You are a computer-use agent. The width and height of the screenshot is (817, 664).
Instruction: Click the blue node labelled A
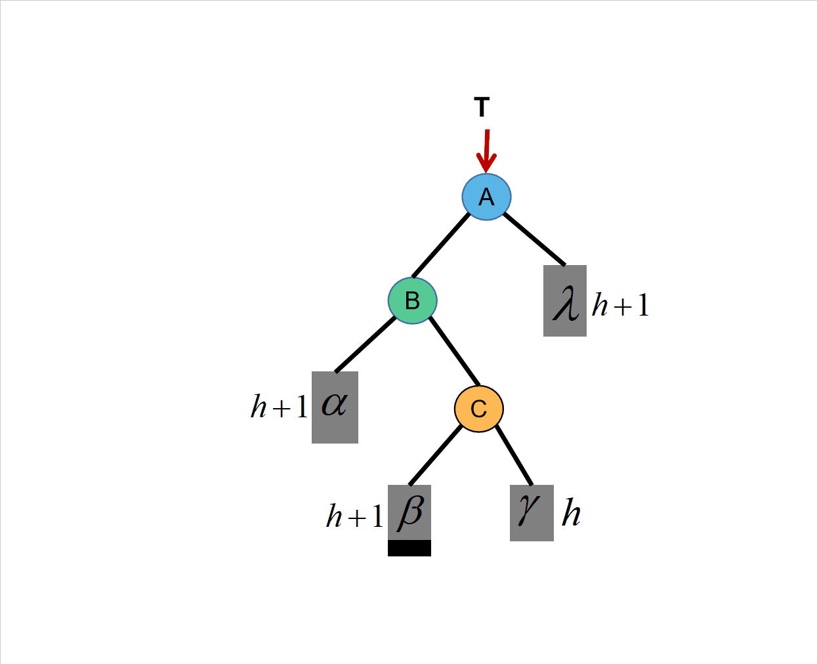(x=486, y=197)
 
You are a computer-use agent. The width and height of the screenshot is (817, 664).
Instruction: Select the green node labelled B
(x=412, y=301)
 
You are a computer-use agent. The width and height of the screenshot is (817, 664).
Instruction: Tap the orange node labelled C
(x=479, y=408)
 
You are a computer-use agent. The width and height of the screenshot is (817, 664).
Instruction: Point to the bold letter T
(x=482, y=107)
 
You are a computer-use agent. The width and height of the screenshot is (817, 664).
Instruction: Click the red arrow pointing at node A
(x=486, y=151)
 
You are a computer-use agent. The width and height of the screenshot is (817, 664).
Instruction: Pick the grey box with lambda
(x=565, y=301)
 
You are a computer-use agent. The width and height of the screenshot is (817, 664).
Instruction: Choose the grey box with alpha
(x=335, y=407)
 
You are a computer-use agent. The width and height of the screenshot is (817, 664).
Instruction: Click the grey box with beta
(x=409, y=512)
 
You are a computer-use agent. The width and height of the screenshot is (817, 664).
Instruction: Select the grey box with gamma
(x=532, y=512)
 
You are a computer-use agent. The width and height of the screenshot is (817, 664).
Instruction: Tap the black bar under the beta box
(x=409, y=549)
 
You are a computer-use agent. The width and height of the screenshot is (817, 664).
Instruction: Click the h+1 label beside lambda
(x=620, y=305)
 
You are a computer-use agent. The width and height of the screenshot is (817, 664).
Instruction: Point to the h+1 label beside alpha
(x=280, y=407)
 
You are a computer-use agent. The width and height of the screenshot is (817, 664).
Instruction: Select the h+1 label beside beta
(x=354, y=516)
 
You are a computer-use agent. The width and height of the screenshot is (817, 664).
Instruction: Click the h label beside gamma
(x=571, y=513)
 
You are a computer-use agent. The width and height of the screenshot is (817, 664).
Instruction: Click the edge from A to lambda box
(x=534, y=239)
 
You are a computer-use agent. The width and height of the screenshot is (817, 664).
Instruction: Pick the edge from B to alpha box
(x=366, y=345)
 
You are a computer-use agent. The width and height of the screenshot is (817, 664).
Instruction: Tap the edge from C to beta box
(x=436, y=455)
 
